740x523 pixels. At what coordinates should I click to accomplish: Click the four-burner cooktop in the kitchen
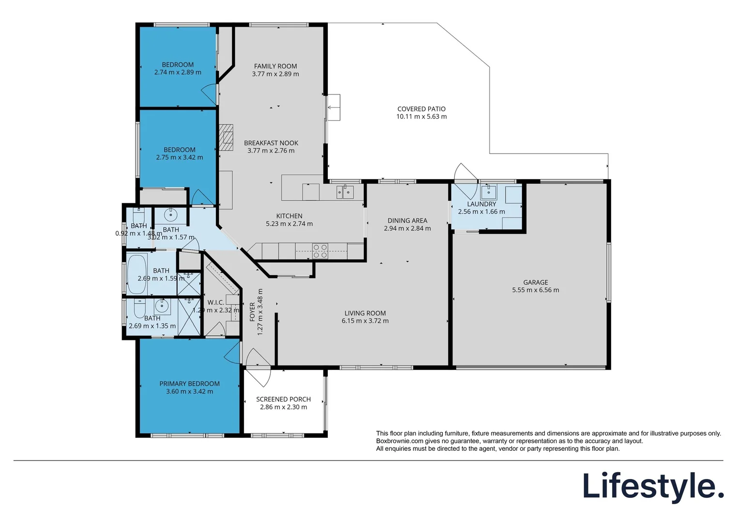tap(320, 250)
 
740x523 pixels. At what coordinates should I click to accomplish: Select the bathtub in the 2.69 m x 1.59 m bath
tap(137, 274)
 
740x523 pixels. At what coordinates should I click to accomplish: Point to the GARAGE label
tap(535, 282)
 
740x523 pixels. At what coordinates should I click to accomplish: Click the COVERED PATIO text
tap(421, 109)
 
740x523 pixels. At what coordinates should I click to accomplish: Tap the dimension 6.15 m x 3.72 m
tap(365, 321)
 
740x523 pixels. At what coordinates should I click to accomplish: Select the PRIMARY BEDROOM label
tap(189, 384)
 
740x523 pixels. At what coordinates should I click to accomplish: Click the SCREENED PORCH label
tap(283, 399)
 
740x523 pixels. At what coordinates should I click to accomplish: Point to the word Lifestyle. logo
tap(653, 486)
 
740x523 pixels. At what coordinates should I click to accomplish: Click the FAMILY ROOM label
tap(276, 66)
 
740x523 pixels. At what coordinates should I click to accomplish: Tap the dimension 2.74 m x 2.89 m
tap(178, 72)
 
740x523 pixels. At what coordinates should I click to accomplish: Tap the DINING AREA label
tap(407, 220)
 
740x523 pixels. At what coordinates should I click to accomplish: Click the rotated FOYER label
tap(252, 312)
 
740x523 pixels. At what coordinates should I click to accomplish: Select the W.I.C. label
tap(215, 303)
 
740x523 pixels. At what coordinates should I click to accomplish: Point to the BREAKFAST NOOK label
tap(271, 143)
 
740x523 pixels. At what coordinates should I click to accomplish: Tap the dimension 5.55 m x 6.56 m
tap(535, 290)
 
